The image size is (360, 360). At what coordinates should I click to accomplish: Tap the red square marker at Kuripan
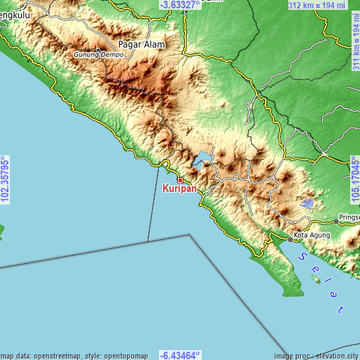tap(180, 180)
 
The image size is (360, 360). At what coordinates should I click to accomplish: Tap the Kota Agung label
tap(310, 233)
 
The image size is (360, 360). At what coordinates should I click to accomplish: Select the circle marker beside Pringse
tap(336, 221)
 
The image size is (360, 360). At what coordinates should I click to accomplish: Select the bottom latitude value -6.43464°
tap(179, 355)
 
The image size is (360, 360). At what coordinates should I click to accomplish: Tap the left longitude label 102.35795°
tap(6, 180)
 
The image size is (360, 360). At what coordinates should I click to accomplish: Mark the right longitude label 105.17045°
tap(354, 180)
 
